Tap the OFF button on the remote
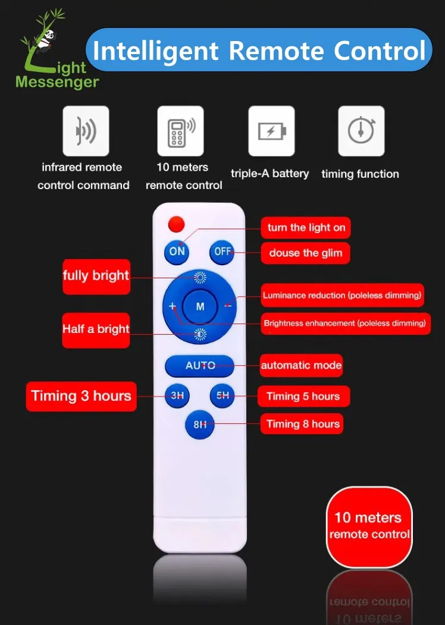222,252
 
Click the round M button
200,306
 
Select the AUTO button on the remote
199,366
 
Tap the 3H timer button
177,395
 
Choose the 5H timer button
222,395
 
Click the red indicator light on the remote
176,224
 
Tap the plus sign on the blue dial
173,306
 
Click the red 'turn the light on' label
306,228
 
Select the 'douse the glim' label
305,253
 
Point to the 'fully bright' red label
96,277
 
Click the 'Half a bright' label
96,330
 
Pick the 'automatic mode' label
301,365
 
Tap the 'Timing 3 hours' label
81,396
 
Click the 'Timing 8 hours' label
302,424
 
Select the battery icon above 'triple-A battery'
271,131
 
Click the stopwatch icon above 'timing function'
361,131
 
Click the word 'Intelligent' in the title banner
155,51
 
